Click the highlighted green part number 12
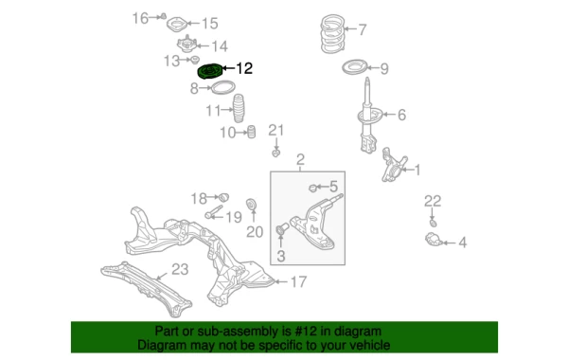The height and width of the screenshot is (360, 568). coord(209,71)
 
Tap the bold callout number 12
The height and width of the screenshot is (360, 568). coord(244,68)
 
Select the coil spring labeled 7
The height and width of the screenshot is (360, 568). coord(332,34)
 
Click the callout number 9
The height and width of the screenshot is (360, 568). coord(384,68)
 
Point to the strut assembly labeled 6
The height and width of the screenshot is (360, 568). coord(368,116)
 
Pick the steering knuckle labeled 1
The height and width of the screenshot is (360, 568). coord(394,165)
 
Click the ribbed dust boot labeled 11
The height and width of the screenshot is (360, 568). coord(238,108)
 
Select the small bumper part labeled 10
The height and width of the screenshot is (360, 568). coord(251,132)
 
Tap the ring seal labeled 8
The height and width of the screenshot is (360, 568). coord(222,87)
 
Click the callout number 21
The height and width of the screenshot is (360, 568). coord(276,130)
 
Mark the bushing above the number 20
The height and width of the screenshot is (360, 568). coord(252,205)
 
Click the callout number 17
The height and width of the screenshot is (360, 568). coord(299,281)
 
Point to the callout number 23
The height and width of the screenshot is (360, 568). coord(180,269)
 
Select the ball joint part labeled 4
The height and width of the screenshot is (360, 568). coord(434,240)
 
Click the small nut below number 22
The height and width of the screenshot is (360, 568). coord(433,223)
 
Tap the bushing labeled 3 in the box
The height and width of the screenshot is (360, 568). coord(282,229)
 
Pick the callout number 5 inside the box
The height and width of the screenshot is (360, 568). coord(333,187)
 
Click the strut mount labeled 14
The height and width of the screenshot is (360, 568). coord(186,45)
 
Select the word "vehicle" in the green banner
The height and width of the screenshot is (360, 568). coord(368,345)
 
